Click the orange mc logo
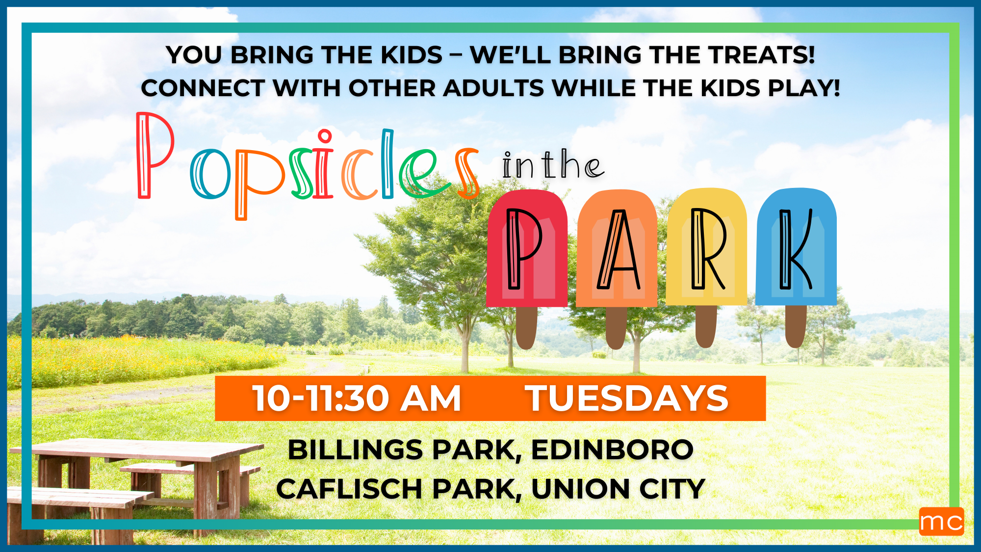pyautogui.click(x=941, y=521)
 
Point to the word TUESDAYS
pyautogui.click(x=627, y=398)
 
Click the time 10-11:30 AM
pyautogui.click(x=357, y=398)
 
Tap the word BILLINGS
pyautogui.click(x=356, y=450)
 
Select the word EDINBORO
pyautogui.click(x=612, y=450)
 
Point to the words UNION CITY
pyautogui.click(x=618, y=489)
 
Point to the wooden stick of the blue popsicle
pyautogui.click(x=796, y=326)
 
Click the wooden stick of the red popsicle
pyautogui.click(x=526, y=328)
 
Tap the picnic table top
pyautogui.click(x=137, y=449)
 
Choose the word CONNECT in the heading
pyautogui.click(x=203, y=88)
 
